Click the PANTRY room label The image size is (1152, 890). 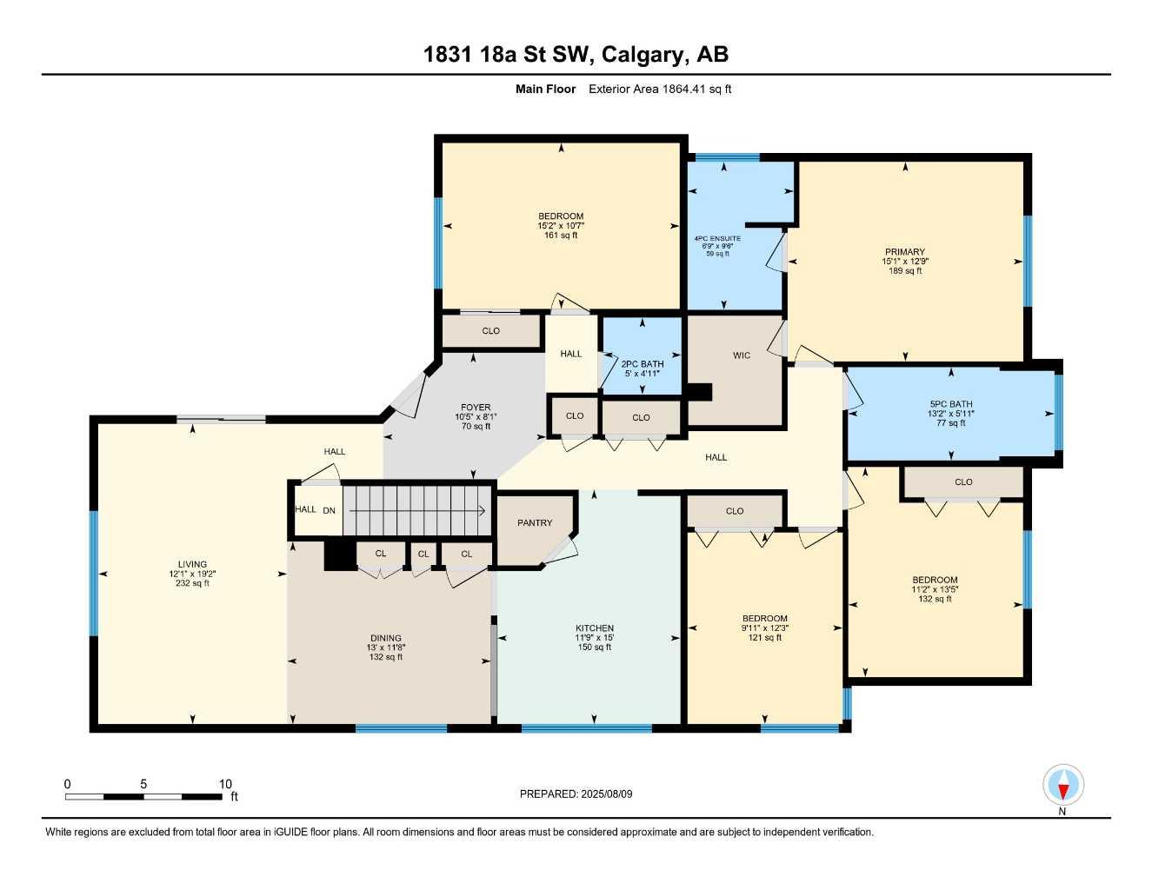(535, 522)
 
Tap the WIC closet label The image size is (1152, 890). (741, 355)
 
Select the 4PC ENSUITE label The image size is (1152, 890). (717, 238)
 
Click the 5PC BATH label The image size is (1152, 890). (951, 403)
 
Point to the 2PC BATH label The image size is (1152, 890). (643, 364)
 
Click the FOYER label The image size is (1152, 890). (476, 407)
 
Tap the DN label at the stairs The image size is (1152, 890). (329, 510)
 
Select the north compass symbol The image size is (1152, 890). (1062, 787)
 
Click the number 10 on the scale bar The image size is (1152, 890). (225, 784)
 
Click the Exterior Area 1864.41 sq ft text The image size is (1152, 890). (660, 89)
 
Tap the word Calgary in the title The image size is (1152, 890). (642, 55)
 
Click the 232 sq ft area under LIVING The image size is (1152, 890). (192, 583)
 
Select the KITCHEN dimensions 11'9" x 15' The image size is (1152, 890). (595, 637)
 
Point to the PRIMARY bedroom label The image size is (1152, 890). (905, 252)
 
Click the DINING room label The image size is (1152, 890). (386, 638)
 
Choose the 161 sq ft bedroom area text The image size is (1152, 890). (561, 235)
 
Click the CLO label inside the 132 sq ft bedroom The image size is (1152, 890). (963, 482)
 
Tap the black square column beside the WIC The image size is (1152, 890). (701, 392)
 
